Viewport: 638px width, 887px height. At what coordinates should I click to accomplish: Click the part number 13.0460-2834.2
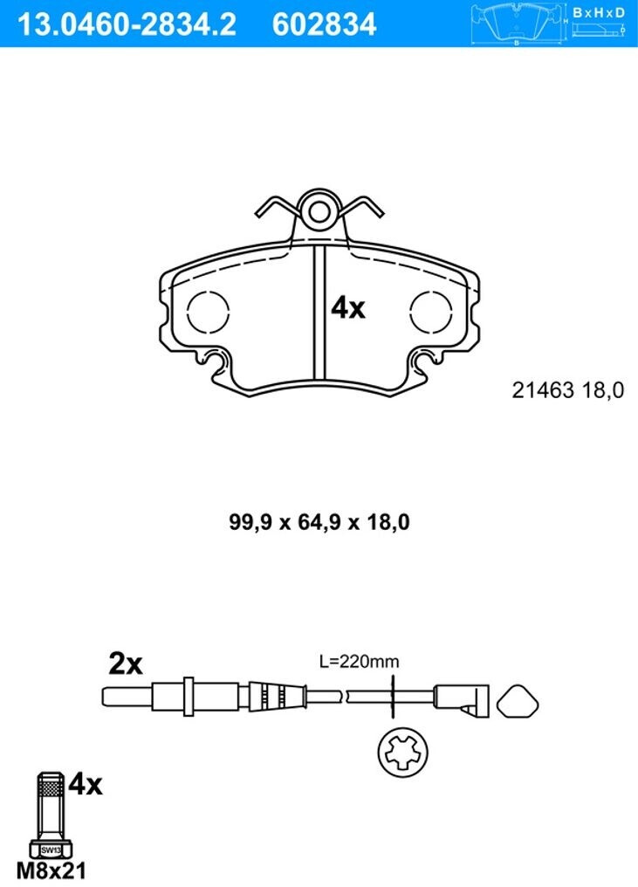click(x=127, y=24)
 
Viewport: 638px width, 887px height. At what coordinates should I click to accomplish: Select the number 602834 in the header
click(x=324, y=24)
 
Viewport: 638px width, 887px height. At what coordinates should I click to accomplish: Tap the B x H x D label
click(x=599, y=13)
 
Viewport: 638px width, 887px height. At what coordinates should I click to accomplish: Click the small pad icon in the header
click(x=518, y=24)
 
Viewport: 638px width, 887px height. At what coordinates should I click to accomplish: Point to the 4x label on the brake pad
click(x=347, y=307)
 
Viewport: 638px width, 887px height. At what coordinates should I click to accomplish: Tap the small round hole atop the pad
click(x=319, y=210)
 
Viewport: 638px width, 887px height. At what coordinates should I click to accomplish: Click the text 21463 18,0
click(x=567, y=391)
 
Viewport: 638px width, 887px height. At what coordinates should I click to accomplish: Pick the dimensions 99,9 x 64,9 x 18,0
click(x=319, y=523)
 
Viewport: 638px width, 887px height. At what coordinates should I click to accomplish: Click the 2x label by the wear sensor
click(x=125, y=664)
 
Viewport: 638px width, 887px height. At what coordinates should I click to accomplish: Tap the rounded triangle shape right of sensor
click(x=518, y=698)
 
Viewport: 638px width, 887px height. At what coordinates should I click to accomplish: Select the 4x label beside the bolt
click(x=86, y=785)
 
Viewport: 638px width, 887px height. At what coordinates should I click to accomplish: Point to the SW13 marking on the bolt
click(x=51, y=848)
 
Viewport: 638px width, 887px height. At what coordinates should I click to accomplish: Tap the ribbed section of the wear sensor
click(x=274, y=696)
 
